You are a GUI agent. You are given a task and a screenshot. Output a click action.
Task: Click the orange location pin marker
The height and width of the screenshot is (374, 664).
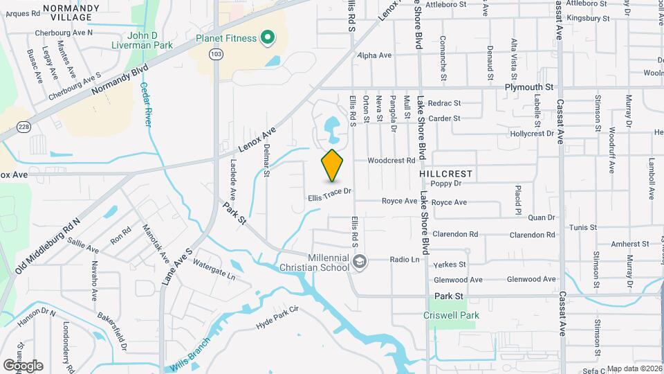pyautogui.click(x=332, y=166)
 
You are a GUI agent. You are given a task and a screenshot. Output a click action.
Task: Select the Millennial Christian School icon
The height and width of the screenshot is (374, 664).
pyautogui.click(x=359, y=261)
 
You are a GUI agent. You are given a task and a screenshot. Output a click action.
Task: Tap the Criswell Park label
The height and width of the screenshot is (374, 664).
pyautogui.click(x=451, y=315)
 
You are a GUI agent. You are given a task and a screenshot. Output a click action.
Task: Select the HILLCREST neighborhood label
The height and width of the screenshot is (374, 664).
pyautogui.click(x=445, y=172)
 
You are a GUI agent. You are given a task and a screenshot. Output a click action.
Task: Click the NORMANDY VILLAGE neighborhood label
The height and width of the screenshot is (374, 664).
pyautogui.click(x=67, y=12)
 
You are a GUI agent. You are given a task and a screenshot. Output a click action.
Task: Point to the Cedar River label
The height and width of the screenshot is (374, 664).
pyautogui.click(x=145, y=104)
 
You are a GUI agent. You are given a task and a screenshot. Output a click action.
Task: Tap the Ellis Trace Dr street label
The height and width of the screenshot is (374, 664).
pyautogui.click(x=331, y=195)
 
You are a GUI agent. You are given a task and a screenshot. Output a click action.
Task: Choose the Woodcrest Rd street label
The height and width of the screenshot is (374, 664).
pyautogui.click(x=391, y=160)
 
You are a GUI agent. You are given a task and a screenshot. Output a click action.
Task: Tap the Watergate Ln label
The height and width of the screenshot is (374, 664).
pyautogui.click(x=214, y=270)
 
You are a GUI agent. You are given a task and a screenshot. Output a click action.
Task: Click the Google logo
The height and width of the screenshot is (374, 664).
pyautogui.click(x=23, y=365)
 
